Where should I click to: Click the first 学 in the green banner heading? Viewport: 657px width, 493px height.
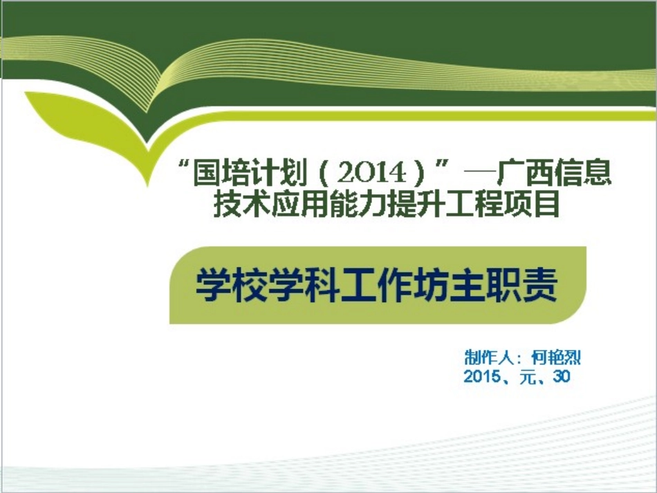pyautogui.click(x=214, y=286)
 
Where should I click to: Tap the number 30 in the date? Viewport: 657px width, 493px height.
pyautogui.click(x=561, y=378)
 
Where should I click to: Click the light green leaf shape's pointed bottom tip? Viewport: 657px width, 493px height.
pyautogui.click(x=147, y=184)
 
